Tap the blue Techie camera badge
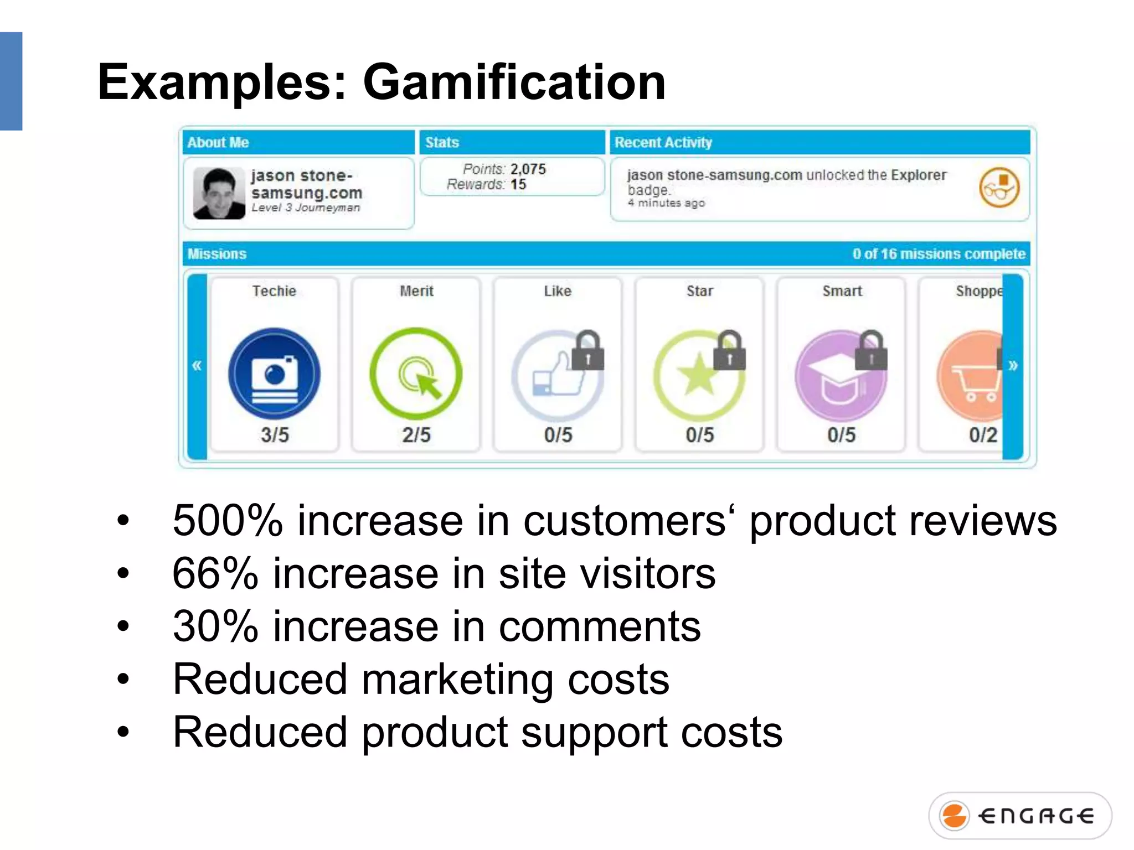tap(274, 374)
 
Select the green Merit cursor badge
tap(416, 374)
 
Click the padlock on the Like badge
tap(587, 351)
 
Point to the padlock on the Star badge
tap(729, 351)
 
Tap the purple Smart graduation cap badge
tap(840, 376)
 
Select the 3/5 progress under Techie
tap(275, 435)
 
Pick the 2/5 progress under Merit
tap(416, 435)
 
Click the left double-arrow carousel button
tap(197, 366)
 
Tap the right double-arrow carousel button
tap(1013, 366)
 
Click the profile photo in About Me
tap(219, 193)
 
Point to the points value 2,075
tap(528, 169)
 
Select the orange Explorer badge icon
tap(999, 188)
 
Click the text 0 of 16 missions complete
tap(939, 254)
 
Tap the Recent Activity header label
tap(663, 143)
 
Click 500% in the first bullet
tap(228, 521)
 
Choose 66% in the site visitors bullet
tap(215, 574)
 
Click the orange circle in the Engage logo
tap(955, 816)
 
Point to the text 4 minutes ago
tap(666, 203)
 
